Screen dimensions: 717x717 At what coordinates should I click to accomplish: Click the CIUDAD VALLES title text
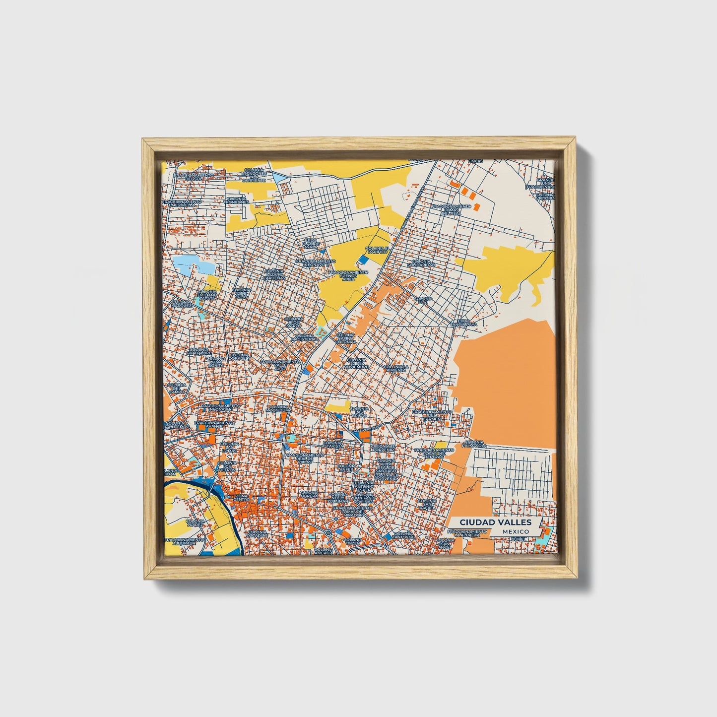(495, 522)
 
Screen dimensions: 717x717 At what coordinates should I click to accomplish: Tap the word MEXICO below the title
(515, 531)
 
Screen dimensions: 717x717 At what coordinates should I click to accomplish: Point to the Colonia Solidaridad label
(423, 262)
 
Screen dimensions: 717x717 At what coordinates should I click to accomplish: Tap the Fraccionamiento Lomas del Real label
(452, 209)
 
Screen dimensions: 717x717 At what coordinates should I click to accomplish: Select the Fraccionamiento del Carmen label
(431, 414)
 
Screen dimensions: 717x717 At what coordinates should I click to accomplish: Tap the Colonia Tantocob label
(402, 535)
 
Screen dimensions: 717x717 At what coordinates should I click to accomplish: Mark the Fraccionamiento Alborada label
(184, 541)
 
